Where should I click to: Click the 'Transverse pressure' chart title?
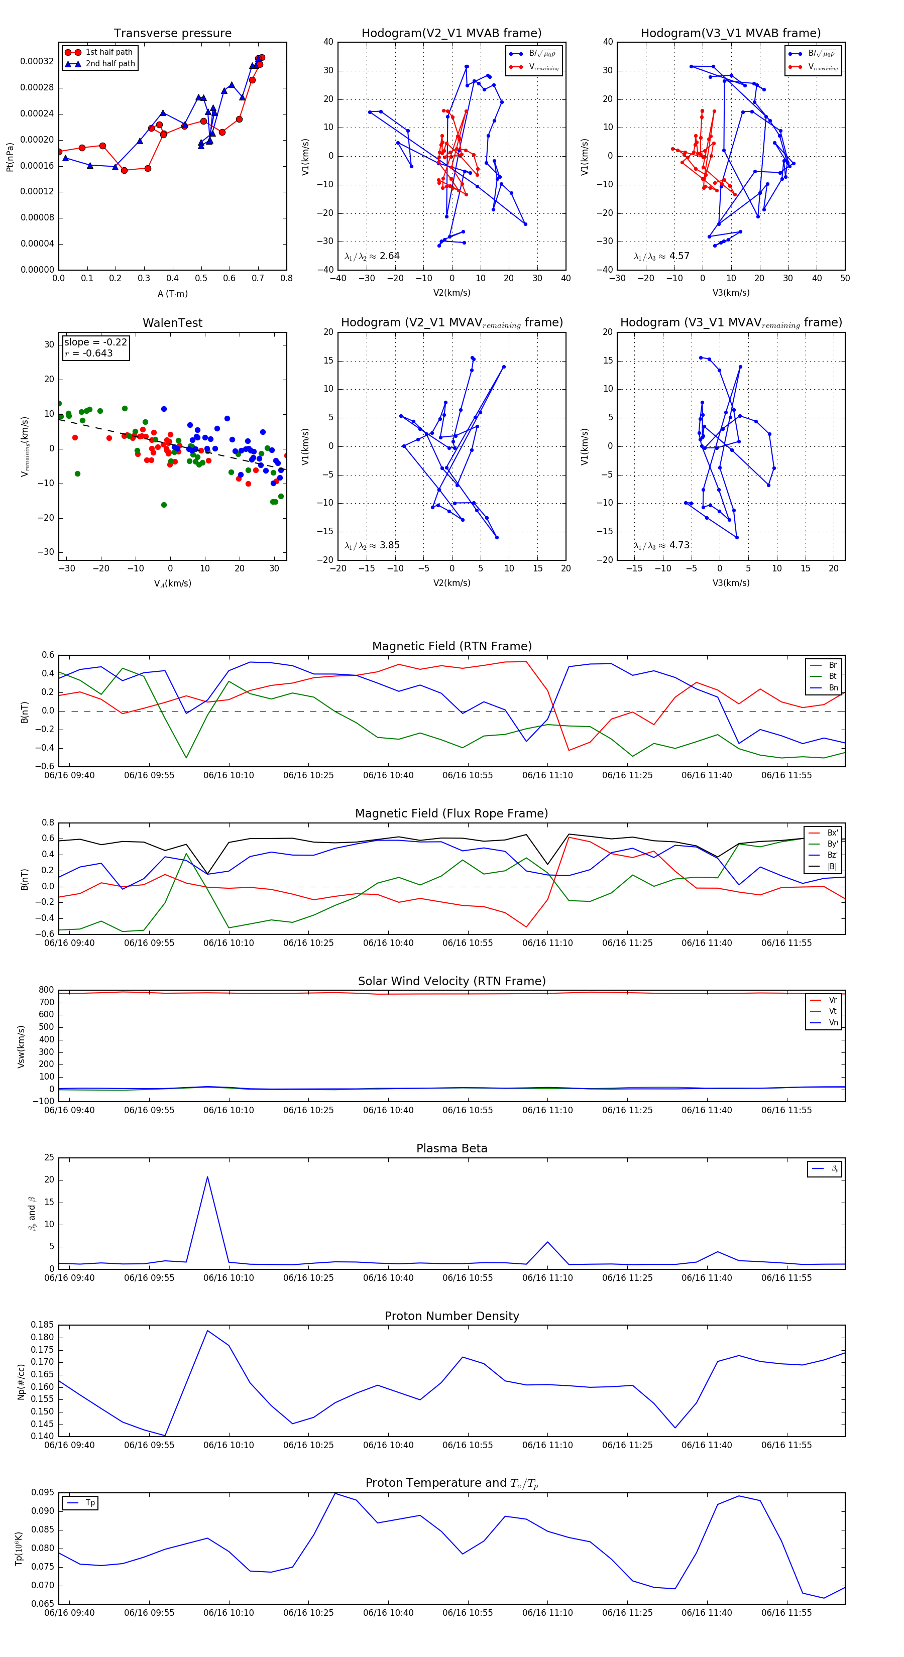tap(172, 34)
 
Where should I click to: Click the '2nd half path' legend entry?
tap(110, 64)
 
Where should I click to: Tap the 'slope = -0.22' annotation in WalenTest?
tap(95, 342)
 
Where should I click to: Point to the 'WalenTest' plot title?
tap(172, 323)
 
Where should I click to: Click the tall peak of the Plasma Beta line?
tap(207, 1177)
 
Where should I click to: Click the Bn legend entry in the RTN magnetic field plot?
tap(833, 687)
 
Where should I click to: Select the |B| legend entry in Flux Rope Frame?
tap(832, 867)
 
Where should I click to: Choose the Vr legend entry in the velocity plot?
tap(833, 1000)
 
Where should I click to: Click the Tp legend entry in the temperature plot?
tap(90, 1503)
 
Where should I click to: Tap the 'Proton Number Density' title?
tap(451, 1316)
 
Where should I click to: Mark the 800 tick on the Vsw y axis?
tap(46, 990)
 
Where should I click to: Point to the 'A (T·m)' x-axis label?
tap(172, 294)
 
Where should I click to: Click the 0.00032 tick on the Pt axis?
tap(37, 62)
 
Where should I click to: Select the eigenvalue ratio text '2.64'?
tap(389, 256)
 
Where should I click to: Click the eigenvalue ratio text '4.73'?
tap(679, 545)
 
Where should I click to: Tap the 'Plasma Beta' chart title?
tap(451, 1149)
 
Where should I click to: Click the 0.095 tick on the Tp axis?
tap(43, 1492)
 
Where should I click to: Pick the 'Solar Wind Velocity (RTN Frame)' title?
tap(451, 981)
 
